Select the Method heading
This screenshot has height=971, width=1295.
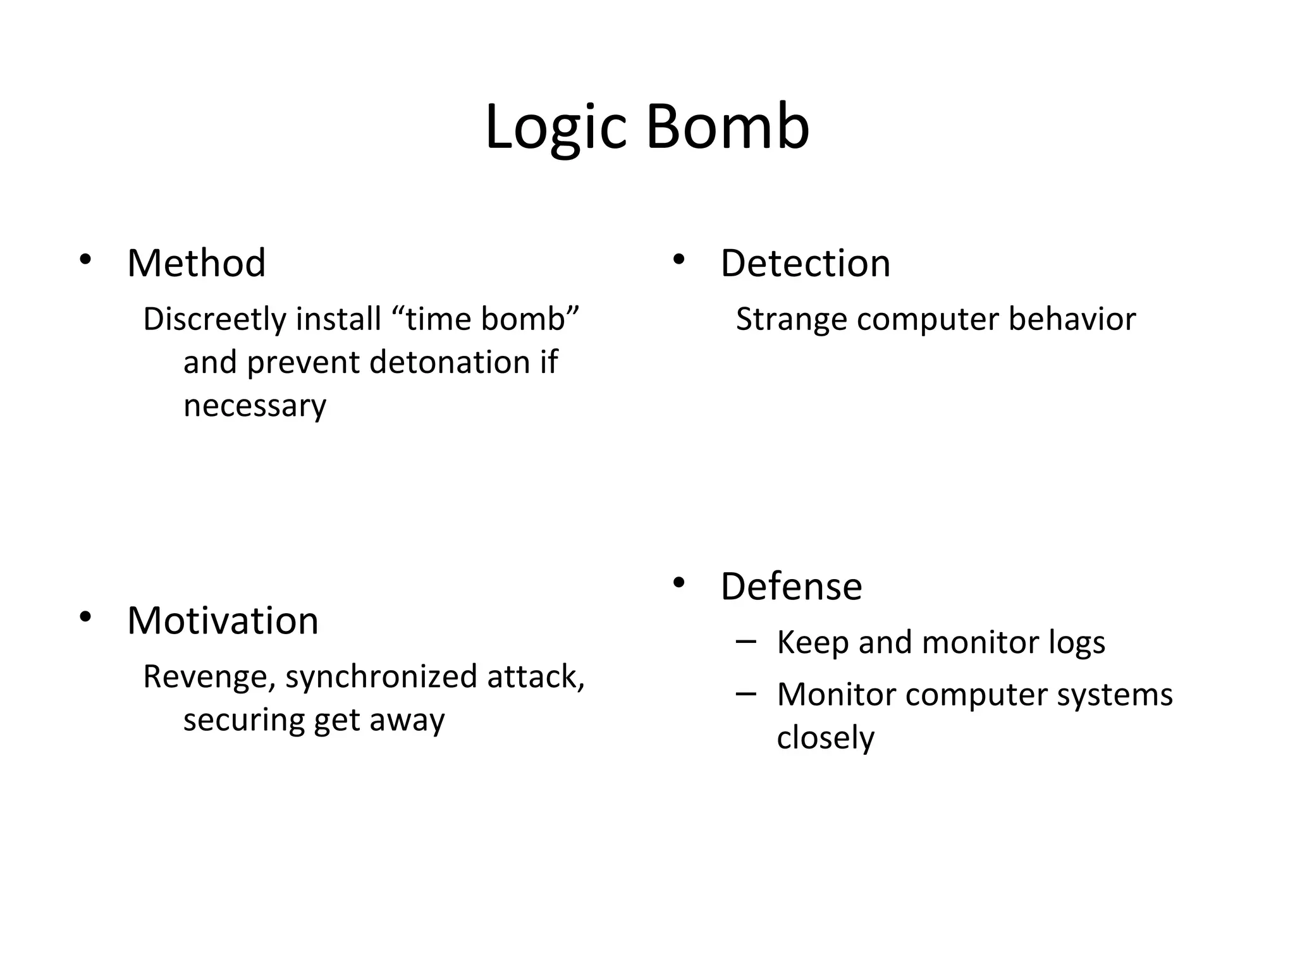point(196,264)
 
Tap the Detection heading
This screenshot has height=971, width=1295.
point(805,264)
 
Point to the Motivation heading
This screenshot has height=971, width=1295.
point(223,621)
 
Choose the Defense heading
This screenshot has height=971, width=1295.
point(790,587)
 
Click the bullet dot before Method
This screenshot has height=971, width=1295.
point(85,260)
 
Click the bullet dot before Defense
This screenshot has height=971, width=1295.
point(678,583)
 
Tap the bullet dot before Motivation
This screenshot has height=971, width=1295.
point(85,617)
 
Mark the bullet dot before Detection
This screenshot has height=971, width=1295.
point(678,260)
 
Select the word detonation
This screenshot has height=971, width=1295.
point(450,363)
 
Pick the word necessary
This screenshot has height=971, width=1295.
point(254,406)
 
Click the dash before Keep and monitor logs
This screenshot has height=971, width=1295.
point(746,642)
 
